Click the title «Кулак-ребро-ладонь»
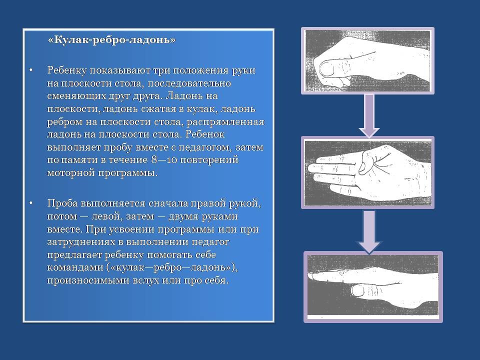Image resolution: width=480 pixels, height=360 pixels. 111,40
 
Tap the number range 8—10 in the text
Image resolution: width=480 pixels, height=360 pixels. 164,160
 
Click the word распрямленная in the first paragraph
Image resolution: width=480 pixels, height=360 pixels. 225,122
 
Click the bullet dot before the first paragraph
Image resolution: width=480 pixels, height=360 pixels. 30,70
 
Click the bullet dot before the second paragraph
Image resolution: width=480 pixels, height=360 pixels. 30,203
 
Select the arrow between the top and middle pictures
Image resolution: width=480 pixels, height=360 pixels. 369,115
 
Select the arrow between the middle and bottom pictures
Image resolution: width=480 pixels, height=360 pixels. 369,231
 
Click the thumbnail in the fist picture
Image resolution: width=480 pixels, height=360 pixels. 326,68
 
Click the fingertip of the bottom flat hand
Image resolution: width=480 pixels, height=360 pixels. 310,276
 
